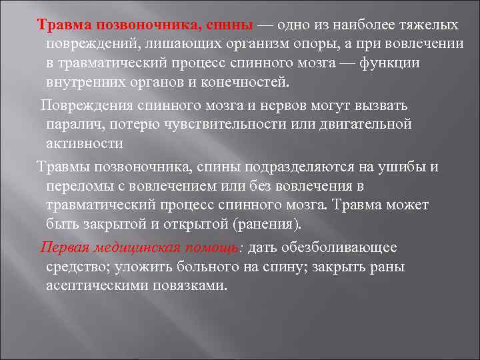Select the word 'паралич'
73,125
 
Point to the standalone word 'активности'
85,144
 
